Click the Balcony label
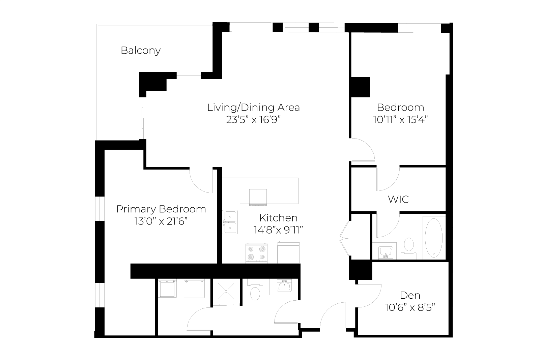141,51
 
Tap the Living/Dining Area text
253,108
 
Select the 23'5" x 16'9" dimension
253,120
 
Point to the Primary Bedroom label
161,209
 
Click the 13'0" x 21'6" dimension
161,221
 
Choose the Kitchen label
278,218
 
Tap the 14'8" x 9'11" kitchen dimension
278,230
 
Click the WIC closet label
398,200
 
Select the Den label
410,295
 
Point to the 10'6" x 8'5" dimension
410,307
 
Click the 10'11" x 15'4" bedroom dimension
400,120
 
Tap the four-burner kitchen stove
256,253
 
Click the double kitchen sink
230,222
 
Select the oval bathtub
434,238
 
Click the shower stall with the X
226,292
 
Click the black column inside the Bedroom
361,87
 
